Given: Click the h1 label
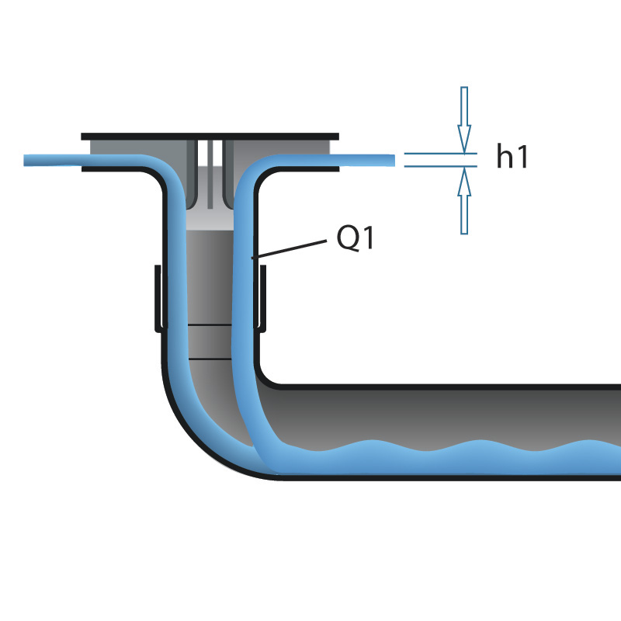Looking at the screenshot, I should click(512, 158).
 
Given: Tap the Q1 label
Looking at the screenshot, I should click(356, 239).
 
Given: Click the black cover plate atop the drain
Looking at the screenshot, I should click(210, 136).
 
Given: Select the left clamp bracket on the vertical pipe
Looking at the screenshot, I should click(158, 299).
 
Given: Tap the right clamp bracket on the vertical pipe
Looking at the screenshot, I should click(262, 299).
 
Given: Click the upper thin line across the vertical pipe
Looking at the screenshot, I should click(210, 324).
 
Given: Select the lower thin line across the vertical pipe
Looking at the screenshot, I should click(210, 359).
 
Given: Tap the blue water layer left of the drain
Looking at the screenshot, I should click(78, 161).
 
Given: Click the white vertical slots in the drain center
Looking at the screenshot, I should click(210, 167).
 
